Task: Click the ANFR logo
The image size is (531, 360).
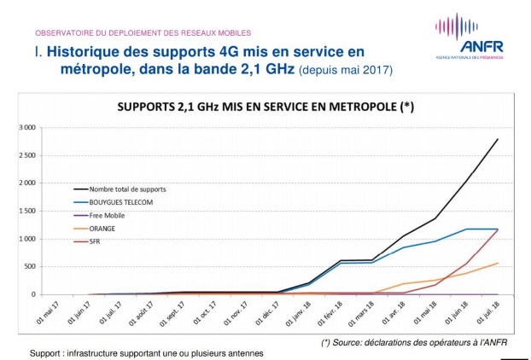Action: (470, 35)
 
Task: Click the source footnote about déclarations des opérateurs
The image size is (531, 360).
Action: (409, 342)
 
